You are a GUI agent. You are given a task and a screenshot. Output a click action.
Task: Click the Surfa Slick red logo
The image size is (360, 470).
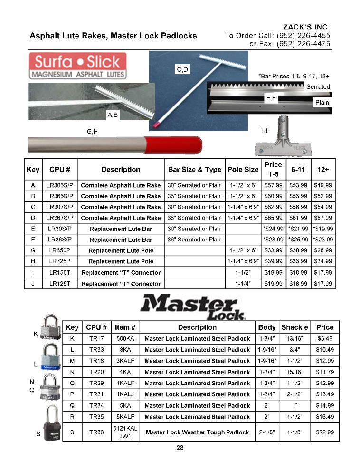(x=78, y=66)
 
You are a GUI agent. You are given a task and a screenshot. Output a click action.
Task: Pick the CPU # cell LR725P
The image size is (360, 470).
(x=59, y=261)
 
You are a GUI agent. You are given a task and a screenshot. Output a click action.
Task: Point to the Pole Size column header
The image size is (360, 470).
(x=243, y=169)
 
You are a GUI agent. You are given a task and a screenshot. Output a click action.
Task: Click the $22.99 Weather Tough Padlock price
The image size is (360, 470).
(x=325, y=432)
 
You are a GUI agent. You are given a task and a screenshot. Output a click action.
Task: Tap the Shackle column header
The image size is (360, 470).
(x=294, y=327)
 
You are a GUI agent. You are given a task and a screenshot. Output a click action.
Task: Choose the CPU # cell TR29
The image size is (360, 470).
(x=96, y=383)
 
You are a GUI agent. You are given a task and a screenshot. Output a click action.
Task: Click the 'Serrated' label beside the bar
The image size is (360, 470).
(x=318, y=86)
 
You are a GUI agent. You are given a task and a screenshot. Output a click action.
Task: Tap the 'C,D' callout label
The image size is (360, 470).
(x=182, y=70)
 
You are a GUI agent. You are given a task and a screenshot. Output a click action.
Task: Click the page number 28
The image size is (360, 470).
(x=180, y=447)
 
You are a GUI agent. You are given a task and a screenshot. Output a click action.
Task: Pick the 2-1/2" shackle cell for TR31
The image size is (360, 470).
(x=294, y=394)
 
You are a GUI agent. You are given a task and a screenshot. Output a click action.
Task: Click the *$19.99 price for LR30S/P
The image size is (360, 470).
(x=322, y=229)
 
